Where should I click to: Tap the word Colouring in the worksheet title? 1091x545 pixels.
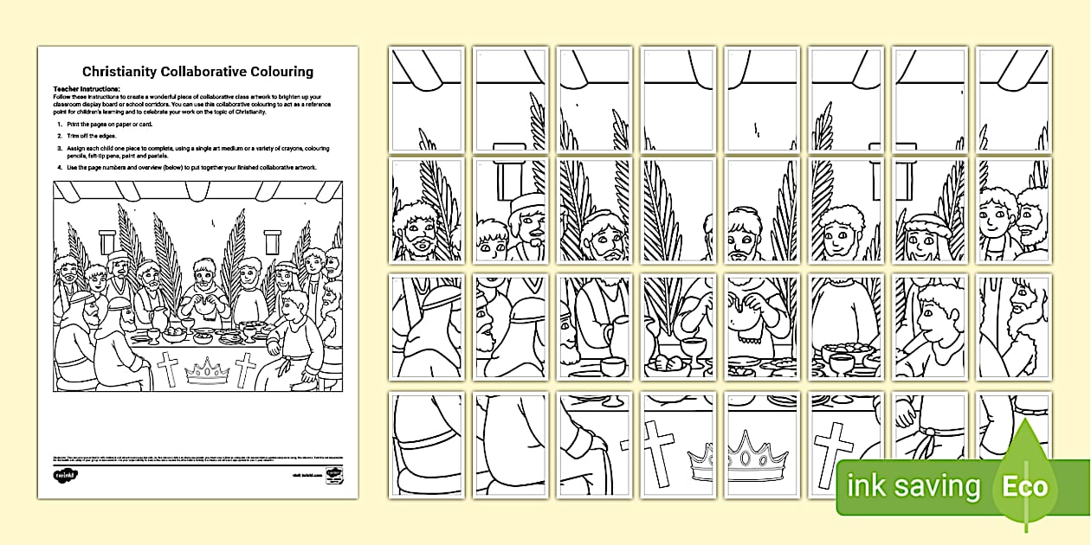click(x=279, y=72)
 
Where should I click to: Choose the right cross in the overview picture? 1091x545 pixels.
click(x=245, y=370)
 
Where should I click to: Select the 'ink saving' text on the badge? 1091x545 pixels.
click(x=914, y=487)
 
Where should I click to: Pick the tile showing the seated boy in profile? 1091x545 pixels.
click(x=929, y=326)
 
